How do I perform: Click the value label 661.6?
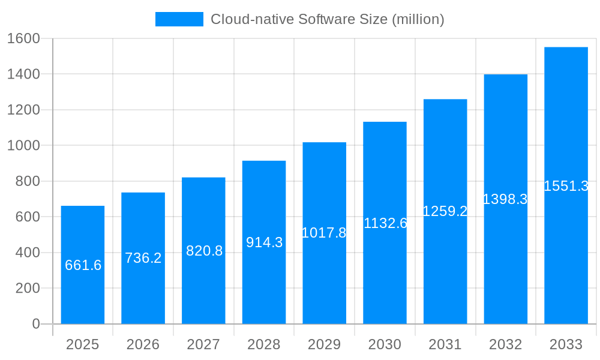[x=83, y=265]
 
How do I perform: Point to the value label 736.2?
[x=143, y=258]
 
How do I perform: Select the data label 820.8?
[x=204, y=251]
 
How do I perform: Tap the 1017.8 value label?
[x=324, y=233]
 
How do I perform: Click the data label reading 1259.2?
[x=445, y=211]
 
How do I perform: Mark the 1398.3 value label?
[x=505, y=199]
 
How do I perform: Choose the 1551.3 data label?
[x=566, y=186]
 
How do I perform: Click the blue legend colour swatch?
[x=179, y=19]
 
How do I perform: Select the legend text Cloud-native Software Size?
[x=327, y=19]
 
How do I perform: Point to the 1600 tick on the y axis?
[x=23, y=38]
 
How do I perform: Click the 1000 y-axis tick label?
[x=23, y=145]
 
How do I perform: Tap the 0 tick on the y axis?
[x=35, y=324]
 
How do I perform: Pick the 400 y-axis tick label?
[x=27, y=253]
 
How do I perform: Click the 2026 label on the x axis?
[x=143, y=344]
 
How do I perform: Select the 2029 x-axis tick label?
[x=324, y=344]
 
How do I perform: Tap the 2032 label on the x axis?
[x=505, y=344]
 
